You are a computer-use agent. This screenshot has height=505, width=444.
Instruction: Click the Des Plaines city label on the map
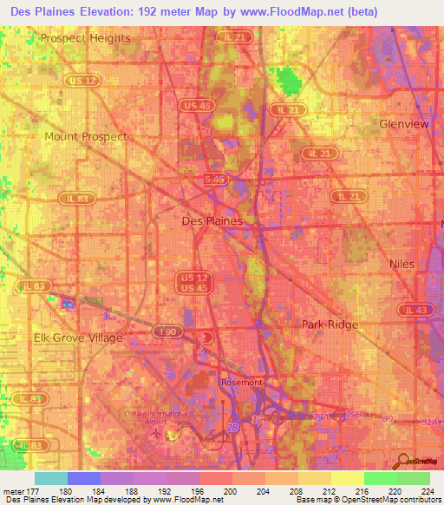point(212,221)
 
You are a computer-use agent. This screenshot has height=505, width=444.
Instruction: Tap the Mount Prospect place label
point(86,136)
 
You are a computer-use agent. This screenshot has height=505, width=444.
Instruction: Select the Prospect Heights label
point(85,38)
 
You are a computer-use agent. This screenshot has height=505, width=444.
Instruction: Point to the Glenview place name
point(404,124)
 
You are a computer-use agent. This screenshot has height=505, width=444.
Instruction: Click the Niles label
point(402,263)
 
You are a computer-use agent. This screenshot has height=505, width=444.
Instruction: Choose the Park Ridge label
point(330,324)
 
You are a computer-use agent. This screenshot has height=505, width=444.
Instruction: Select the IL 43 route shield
point(415,310)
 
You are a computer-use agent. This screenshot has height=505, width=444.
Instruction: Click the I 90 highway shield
point(166,331)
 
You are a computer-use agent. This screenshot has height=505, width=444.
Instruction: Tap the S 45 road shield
point(215,179)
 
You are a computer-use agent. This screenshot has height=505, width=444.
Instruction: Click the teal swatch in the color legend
point(51,478)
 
